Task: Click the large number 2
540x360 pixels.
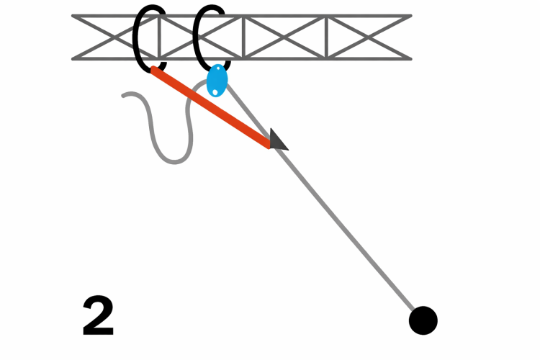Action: tap(98, 317)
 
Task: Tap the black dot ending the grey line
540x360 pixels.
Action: tap(423, 320)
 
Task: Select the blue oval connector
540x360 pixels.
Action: tap(217, 80)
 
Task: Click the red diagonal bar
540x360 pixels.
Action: tap(212, 108)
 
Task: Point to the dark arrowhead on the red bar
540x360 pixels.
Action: tap(277, 140)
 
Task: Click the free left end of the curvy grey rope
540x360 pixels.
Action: tap(125, 96)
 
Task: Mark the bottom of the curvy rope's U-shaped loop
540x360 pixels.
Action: tap(173, 161)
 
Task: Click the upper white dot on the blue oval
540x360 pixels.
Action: tap(219, 69)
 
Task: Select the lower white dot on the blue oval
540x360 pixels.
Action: tap(215, 91)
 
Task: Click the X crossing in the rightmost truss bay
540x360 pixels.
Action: tap(369, 37)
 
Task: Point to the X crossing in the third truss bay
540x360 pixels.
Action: tap(285, 37)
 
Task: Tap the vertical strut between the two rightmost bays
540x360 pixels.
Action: tap(327, 37)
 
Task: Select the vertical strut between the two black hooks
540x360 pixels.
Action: tap(160, 37)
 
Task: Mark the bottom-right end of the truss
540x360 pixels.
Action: tap(410, 58)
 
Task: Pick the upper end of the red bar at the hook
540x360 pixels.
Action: tap(154, 71)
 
